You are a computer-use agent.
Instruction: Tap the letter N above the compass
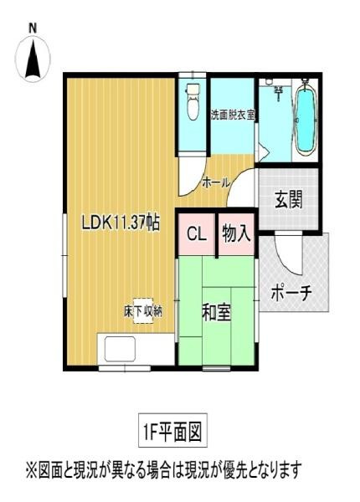pyautogui.click(x=33, y=28)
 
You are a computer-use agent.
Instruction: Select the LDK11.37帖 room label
pyautogui.click(x=121, y=223)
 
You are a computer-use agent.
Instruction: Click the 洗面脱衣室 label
pyautogui.click(x=232, y=114)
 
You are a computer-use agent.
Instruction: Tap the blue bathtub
pyautogui.click(x=306, y=122)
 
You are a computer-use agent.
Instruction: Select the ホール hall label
pyautogui.click(x=216, y=182)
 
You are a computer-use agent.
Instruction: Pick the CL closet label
pyautogui.click(x=197, y=233)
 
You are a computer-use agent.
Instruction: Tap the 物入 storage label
pyautogui.click(x=236, y=233)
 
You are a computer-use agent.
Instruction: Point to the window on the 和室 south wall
pyautogui.click(x=216, y=368)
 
